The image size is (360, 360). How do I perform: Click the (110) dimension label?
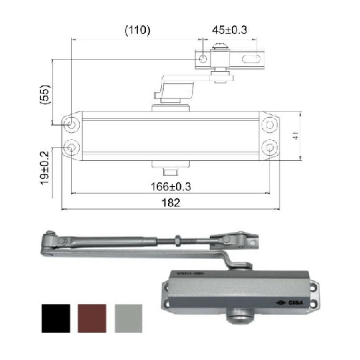136,30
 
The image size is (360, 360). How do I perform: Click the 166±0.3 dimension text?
170,187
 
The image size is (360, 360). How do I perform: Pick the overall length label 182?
170,204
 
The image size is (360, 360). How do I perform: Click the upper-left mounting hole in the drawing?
73,124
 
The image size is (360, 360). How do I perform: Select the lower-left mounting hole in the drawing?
73,147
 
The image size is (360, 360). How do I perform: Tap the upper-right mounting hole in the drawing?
269,124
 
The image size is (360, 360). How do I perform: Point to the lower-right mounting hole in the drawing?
269,147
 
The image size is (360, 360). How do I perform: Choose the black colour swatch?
55,318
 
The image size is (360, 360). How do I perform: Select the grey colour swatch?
129,318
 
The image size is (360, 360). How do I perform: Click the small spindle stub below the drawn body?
171,172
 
